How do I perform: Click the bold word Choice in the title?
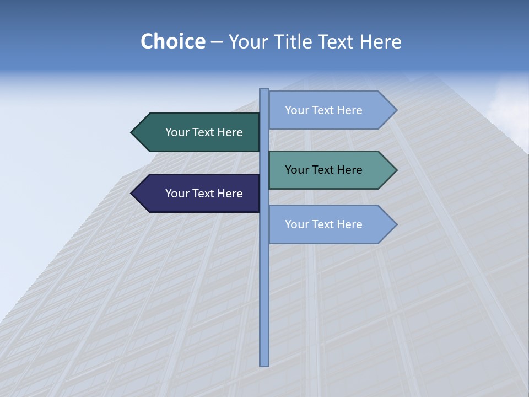click(172, 42)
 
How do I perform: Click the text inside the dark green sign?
click(204, 132)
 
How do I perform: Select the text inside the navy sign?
click(204, 194)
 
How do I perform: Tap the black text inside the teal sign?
click(323, 170)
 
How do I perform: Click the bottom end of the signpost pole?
click(264, 363)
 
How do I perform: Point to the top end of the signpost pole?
click(264, 90)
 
